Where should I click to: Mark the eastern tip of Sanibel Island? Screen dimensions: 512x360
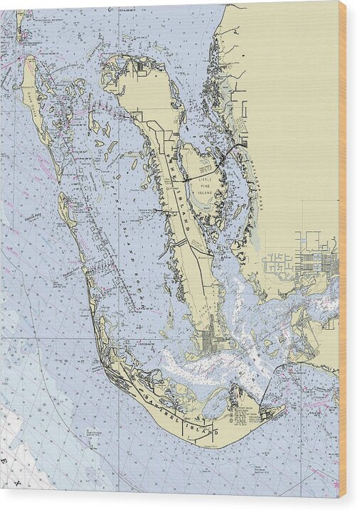284,410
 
